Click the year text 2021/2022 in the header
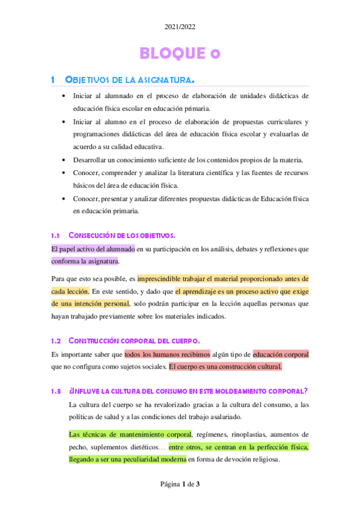[180, 27]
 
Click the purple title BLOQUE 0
[180, 54]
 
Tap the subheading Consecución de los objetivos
[121, 235]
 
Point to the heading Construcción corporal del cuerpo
[139, 341]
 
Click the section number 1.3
[56, 392]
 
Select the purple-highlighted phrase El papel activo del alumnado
[93, 248]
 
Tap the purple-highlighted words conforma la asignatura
[85, 261]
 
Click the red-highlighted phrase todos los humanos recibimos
[167, 354]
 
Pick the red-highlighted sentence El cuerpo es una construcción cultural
[225, 366]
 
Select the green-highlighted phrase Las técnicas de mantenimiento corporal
[130, 434]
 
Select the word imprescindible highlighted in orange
[162, 278]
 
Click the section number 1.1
[56, 235]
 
